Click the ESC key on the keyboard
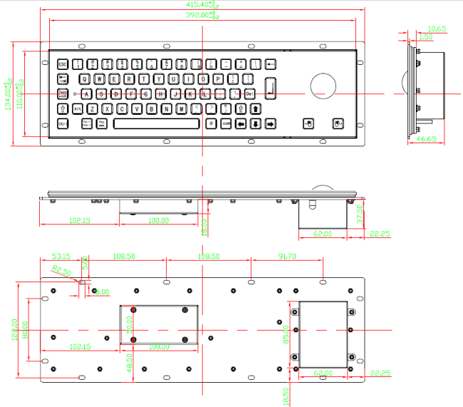(x=62, y=64)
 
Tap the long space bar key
(x=155, y=123)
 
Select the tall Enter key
(x=270, y=87)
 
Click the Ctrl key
(x=62, y=124)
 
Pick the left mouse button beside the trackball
(x=308, y=123)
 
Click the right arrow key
(x=270, y=124)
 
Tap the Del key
(x=249, y=94)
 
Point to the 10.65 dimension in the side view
(x=437, y=29)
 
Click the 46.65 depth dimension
(x=425, y=139)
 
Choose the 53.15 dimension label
(x=61, y=256)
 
